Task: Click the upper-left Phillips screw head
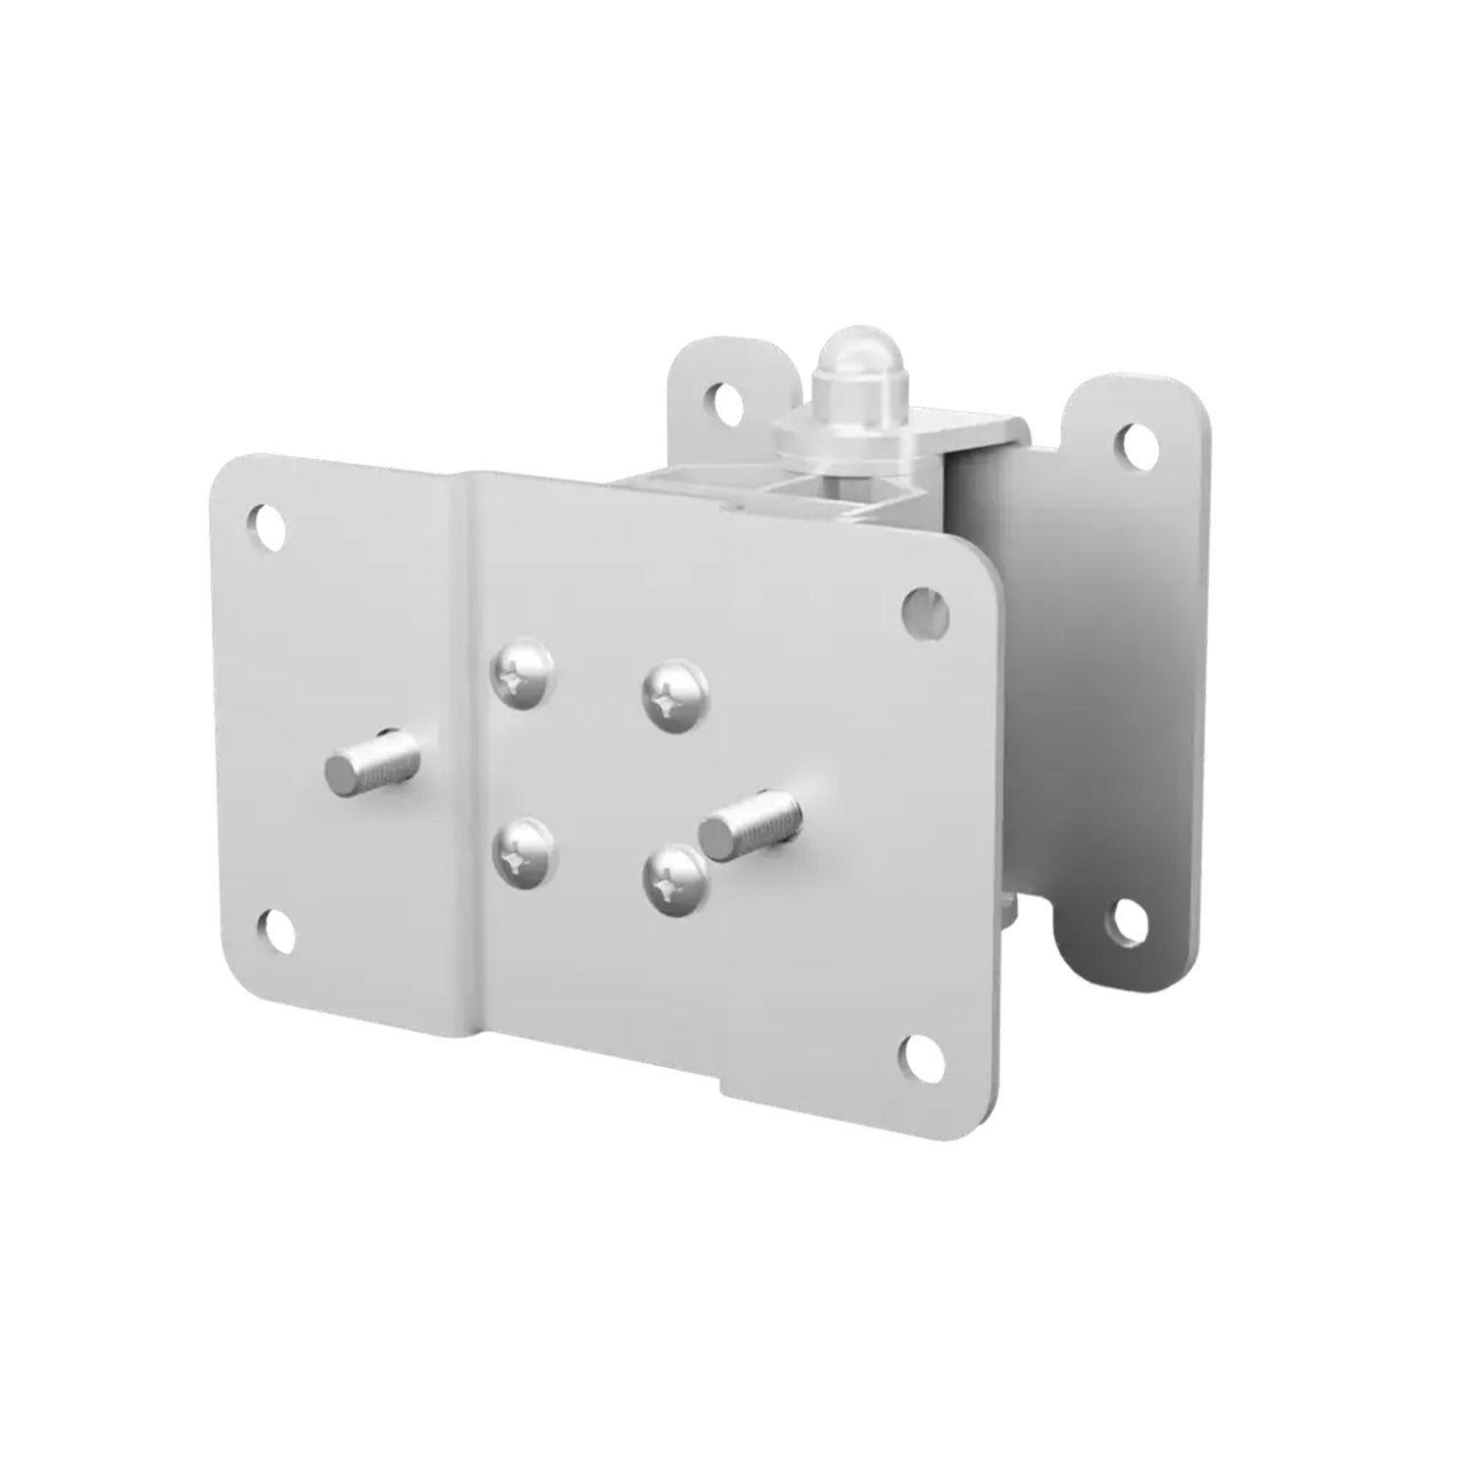524,675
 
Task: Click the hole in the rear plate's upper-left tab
727,398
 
